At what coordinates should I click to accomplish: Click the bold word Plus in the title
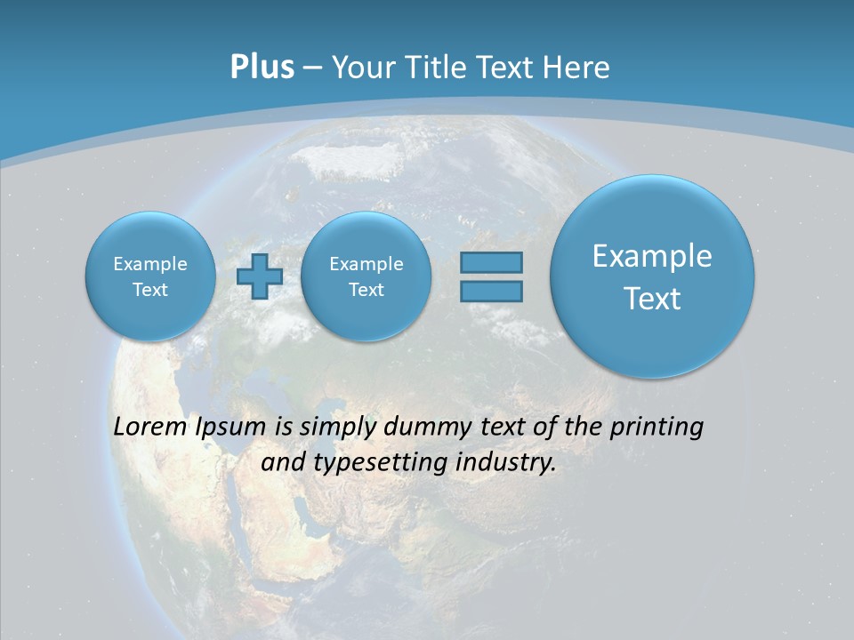pos(262,68)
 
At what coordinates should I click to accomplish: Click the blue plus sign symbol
pos(260,276)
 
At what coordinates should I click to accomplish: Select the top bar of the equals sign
pos(491,263)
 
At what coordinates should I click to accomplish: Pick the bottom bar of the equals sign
pos(491,291)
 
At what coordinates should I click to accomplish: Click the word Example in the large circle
pos(652,256)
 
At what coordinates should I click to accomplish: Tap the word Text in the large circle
pos(652,299)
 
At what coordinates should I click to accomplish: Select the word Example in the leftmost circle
pos(150,264)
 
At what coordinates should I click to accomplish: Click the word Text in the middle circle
pos(366,290)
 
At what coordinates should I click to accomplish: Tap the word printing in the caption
pos(657,428)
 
